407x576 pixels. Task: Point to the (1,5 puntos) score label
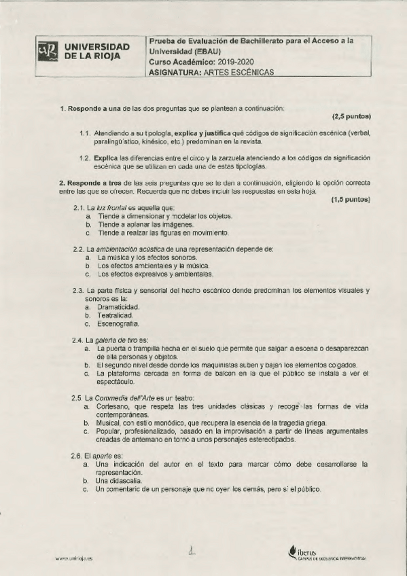click(x=351, y=200)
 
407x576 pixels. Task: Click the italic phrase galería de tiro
click(x=116, y=339)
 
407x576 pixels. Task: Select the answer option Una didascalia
click(x=119, y=480)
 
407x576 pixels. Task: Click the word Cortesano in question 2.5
click(x=113, y=406)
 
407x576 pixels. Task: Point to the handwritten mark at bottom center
click(x=194, y=552)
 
